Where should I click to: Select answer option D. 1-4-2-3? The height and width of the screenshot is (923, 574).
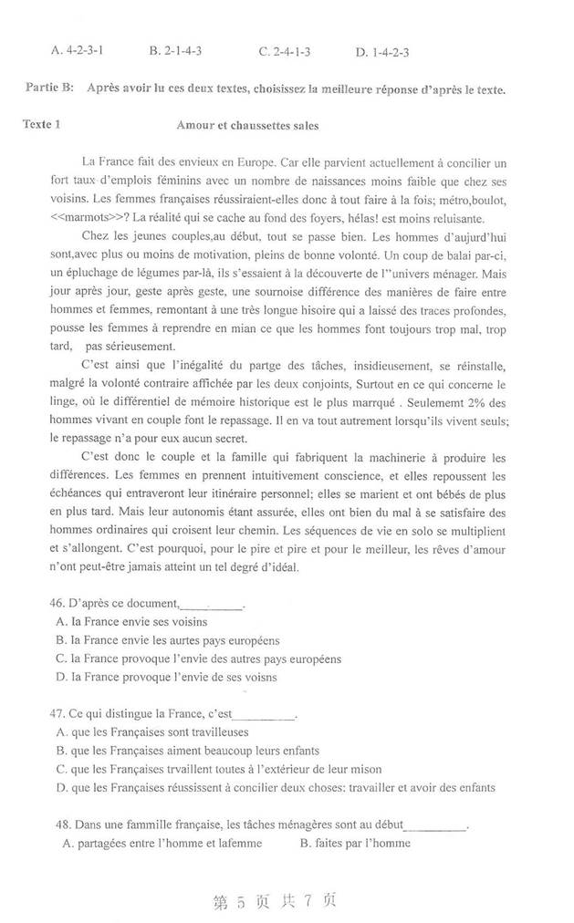click(382, 52)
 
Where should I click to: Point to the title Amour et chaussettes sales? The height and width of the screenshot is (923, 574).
click(246, 125)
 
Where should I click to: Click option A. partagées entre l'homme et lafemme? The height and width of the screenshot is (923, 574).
click(162, 844)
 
